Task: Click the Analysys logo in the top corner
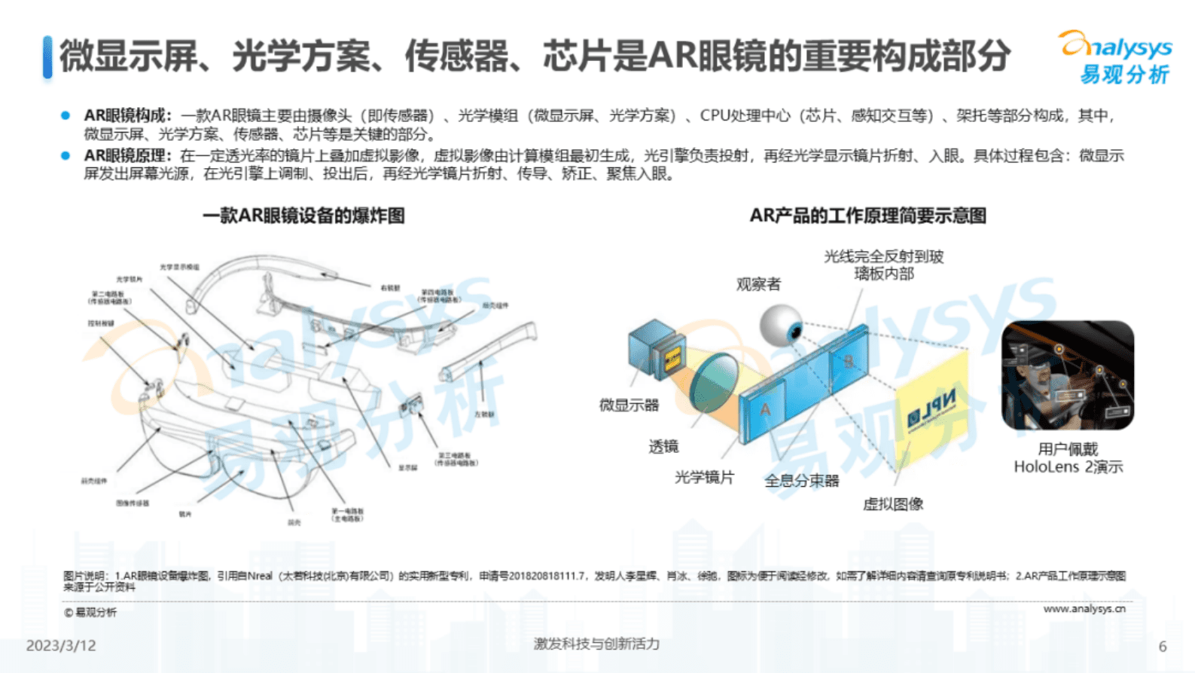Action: point(1116,57)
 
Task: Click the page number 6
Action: point(1163,647)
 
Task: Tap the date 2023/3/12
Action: point(61,646)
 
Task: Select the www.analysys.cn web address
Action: point(1084,608)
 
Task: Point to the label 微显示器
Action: point(629,405)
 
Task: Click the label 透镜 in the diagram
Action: point(663,447)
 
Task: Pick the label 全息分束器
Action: point(801,481)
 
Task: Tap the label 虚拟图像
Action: point(892,504)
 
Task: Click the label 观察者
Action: point(758,284)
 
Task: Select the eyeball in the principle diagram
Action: point(781,325)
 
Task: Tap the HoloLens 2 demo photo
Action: point(1067,375)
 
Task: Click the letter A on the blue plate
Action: point(765,409)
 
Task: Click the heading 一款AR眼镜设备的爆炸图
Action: point(303,216)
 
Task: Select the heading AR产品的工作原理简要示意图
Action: point(867,216)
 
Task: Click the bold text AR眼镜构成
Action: point(126,116)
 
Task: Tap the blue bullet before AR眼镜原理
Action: point(66,156)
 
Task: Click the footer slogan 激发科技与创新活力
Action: point(596,644)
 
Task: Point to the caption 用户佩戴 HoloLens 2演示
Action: point(1068,458)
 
